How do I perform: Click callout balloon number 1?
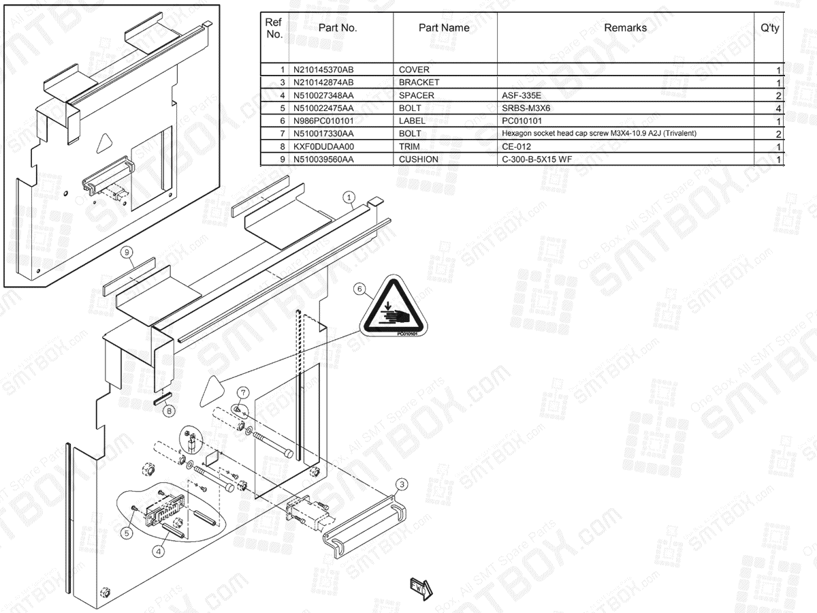tap(349, 198)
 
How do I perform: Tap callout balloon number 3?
tap(402, 484)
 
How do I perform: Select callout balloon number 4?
tap(158, 551)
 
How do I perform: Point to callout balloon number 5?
tap(126, 534)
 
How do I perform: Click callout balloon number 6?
tap(359, 289)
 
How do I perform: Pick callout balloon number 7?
tap(243, 392)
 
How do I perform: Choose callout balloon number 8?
tap(169, 411)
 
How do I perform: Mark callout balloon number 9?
tap(126, 253)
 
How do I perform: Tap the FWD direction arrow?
tap(421, 586)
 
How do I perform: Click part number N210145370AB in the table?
tap(323, 70)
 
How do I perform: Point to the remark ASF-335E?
tap(522, 95)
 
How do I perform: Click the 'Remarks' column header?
tap(625, 28)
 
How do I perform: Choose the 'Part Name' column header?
tap(444, 28)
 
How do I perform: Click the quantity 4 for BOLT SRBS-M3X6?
tap(778, 108)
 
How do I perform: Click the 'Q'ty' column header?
tap(770, 28)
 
